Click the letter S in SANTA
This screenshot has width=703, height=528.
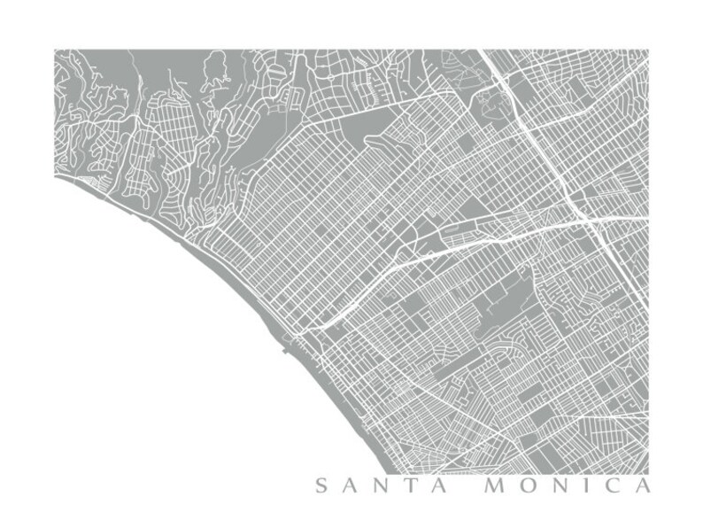pyautogui.click(x=321, y=485)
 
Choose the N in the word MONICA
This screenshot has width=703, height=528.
pyautogui.click(x=564, y=485)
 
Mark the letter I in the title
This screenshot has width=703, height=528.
pyautogui.click(x=590, y=485)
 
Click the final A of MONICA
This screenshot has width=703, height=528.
pyautogui.click(x=644, y=485)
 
